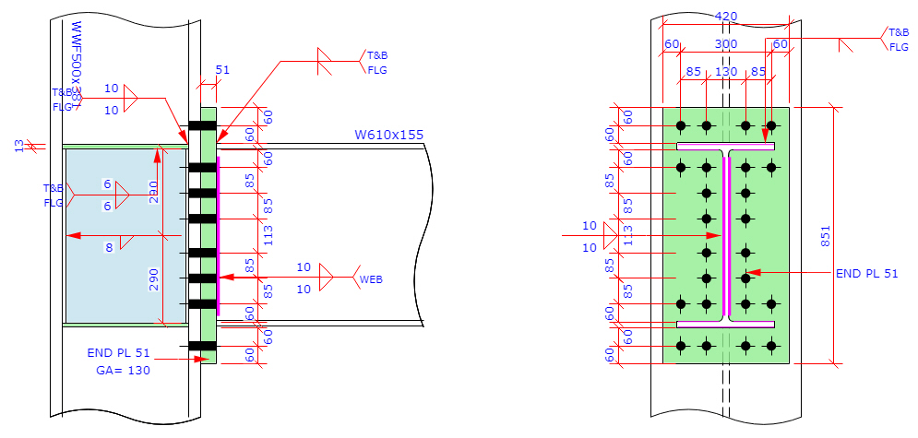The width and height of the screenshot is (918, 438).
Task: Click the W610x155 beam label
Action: coord(388,135)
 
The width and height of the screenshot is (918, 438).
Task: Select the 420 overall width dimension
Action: coord(726,16)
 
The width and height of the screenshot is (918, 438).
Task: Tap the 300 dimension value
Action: coord(726,44)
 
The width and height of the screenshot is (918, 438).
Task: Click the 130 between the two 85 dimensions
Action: coord(726,71)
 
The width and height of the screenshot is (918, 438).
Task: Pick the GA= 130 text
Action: coord(123,370)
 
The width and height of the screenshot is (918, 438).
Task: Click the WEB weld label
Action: coord(371,278)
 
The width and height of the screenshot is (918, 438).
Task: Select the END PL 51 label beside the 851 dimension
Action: coord(866,273)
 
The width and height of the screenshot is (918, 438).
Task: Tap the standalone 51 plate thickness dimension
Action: coord(222,69)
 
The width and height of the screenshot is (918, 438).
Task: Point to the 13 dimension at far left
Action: coord(19,144)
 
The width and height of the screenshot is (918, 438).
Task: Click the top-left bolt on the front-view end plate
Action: coord(681,125)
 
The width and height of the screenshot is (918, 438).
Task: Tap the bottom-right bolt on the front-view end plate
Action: coord(771,346)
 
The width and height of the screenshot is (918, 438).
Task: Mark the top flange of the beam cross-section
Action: coord(726,146)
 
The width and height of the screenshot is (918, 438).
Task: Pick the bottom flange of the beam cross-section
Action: coord(726,325)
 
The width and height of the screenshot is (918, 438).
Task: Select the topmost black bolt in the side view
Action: coord(202,125)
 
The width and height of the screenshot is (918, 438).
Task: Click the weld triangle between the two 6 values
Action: coord(122,195)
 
